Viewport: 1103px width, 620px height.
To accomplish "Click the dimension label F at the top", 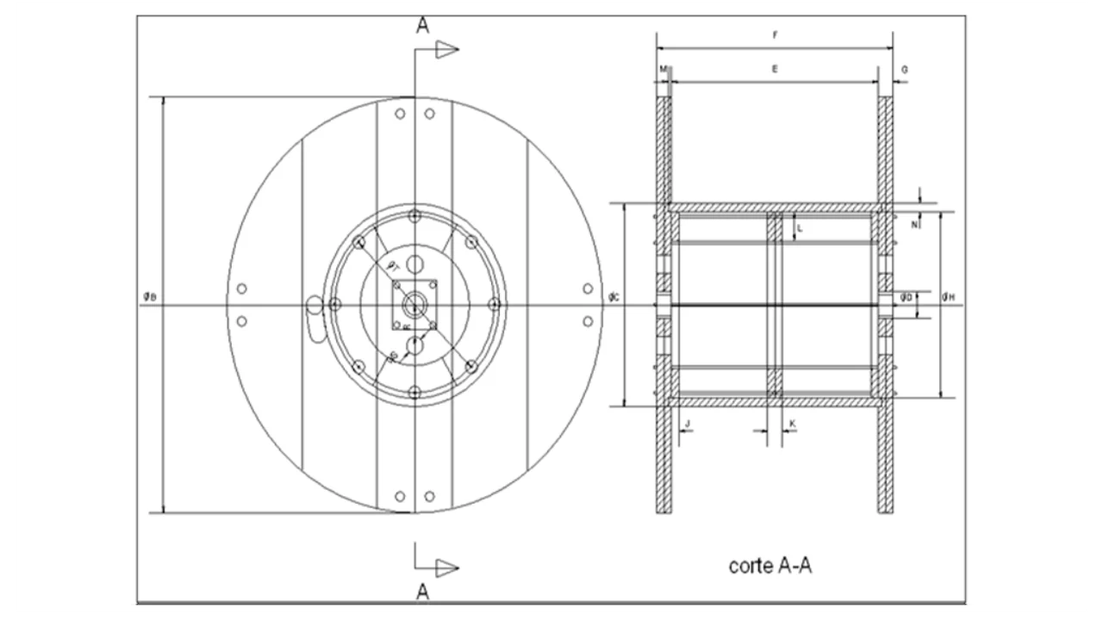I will (x=775, y=35).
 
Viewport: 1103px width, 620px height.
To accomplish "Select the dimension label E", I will (x=775, y=68).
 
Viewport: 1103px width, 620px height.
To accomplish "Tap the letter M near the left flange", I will (x=663, y=68).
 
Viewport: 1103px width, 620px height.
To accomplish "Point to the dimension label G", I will (x=904, y=68).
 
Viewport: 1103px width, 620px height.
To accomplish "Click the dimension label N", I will (x=914, y=224).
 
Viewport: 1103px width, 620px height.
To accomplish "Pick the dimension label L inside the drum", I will (x=800, y=229).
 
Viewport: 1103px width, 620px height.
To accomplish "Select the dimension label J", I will (x=688, y=423).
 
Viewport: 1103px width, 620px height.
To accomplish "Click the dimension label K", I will (x=792, y=423).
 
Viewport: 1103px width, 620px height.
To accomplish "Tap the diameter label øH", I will (x=948, y=298).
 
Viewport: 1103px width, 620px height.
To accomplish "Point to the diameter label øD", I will (x=906, y=298).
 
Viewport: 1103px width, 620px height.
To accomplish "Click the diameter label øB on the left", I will (x=150, y=297).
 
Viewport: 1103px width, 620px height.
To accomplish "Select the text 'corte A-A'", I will (x=770, y=566).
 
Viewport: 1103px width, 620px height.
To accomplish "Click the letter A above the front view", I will (x=422, y=26).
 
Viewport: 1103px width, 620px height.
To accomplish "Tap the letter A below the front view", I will (x=422, y=591).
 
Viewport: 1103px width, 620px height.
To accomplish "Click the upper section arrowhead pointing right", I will (x=446, y=50).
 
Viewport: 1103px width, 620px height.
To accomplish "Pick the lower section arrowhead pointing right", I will (x=446, y=567).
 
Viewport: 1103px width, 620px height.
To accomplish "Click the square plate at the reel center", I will (x=414, y=304).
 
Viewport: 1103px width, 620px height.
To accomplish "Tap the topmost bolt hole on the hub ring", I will (x=414, y=215).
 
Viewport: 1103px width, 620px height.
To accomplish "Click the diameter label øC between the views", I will (x=614, y=297).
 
